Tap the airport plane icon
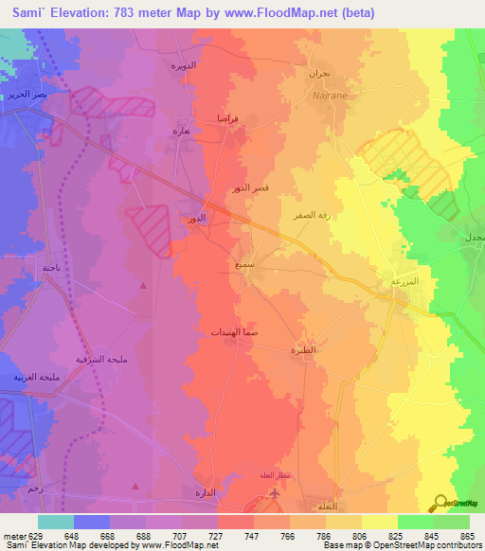tap(275, 493)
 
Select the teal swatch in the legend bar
tap(55, 521)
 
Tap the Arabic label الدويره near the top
tap(184, 65)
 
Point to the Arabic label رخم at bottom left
tap(36, 488)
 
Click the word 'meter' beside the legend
tap(13, 535)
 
